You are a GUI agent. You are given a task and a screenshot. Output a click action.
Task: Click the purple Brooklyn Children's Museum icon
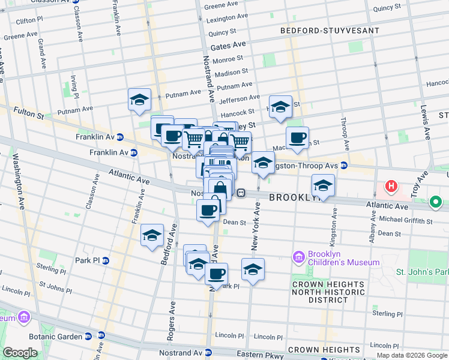298,257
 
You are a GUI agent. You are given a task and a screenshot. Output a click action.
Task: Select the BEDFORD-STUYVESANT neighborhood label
330,30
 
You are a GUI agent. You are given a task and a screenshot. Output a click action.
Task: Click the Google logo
20,353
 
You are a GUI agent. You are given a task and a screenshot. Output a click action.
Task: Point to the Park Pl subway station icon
106,260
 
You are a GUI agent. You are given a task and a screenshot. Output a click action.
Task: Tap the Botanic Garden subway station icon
88,336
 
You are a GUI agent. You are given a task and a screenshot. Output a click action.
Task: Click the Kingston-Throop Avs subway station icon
344,165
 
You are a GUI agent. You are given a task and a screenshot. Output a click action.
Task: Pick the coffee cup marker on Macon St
297,138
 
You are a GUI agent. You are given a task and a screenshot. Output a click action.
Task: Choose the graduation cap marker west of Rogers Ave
152,235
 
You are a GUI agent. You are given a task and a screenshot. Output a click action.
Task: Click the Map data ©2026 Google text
411,355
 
